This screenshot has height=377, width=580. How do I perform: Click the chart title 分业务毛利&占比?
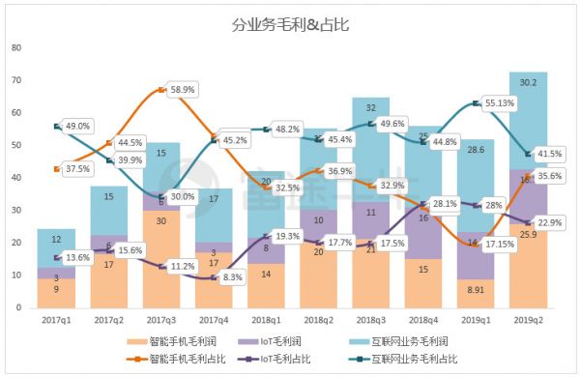[x=290, y=25]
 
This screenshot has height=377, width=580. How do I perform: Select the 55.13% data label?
[x=507, y=101]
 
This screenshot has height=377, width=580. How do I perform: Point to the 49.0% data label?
[x=77, y=126]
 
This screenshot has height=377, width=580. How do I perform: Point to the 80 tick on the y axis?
[x=15, y=47]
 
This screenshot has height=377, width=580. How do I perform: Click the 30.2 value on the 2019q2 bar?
[x=529, y=82]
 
